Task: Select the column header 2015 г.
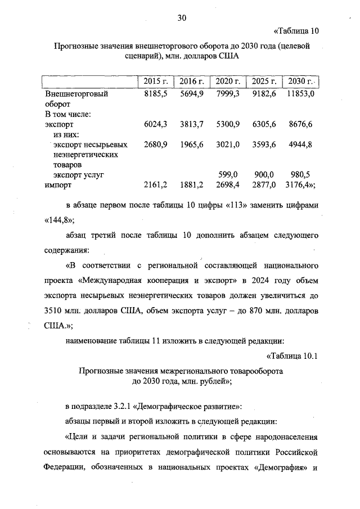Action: point(153,83)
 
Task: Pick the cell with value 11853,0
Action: point(300,94)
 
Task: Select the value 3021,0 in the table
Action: point(228,145)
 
